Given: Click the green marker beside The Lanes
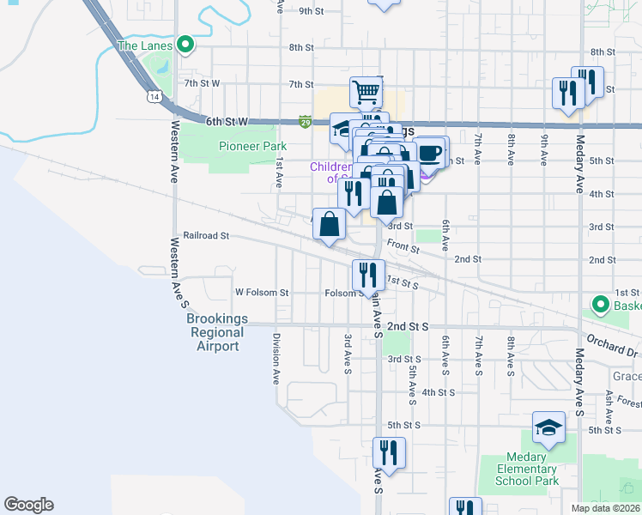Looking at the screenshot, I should click(x=185, y=45).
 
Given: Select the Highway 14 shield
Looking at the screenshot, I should click(x=152, y=98).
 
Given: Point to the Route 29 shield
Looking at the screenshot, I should click(x=305, y=123).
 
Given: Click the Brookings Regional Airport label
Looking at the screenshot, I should click(x=217, y=332).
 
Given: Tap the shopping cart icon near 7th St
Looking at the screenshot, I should click(x=366, y=90).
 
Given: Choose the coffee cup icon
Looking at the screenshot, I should click(x=430, y=154).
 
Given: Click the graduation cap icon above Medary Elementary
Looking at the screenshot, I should click(x=548, y=427).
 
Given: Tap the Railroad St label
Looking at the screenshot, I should click(x=206, y=235).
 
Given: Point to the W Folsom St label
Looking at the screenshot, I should click(x=262, y=293).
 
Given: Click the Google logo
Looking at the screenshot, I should click(x=28, y=505).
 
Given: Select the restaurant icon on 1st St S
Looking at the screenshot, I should click(x=367, y=275).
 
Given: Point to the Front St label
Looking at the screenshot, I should click(x=402, y=247).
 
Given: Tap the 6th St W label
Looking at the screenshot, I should click(x=227, y=123).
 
